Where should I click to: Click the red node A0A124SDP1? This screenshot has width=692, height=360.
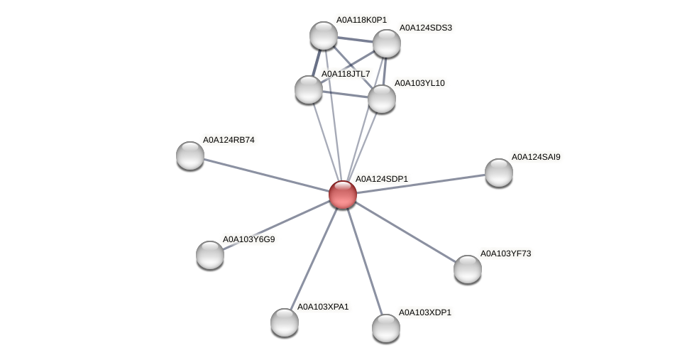pyautogui.click(x=343, y=195)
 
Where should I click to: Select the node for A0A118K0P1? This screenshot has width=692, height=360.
pyautogui.click(x=324, y=36)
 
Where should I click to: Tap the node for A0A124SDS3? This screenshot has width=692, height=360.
pyautogui.click(x=387, y=43)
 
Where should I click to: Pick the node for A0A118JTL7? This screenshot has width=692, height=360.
pyautogui.click(x=309, y=89)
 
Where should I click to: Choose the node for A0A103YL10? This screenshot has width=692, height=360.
pyautogui.click(x=382, y=99)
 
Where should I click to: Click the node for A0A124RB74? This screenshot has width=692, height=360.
pyautogui.click(x=190, y=156)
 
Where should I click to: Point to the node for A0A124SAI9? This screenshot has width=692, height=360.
pyautogui.click(x=499, y=173)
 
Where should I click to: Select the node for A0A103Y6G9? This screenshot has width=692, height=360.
pyautogui.click(x=210, y=255)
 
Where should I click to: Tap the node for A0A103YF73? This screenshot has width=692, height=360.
pyautogui.click(x=468, y=269)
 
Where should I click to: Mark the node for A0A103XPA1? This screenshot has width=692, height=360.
pyautogui.click(x=285, y=322)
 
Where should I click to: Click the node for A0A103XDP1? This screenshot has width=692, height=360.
pyautogui.click(x=386, y=328)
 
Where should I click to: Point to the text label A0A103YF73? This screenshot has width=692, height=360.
pyautogui.click(x=505, y=253)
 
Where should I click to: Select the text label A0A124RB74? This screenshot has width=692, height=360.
pyautogui.click(x=229, y=140)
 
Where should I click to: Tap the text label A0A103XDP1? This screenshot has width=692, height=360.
pyautogui.click(x=424, y=312)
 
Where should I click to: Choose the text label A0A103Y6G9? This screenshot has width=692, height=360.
pyautogui.click(x=248, y=239)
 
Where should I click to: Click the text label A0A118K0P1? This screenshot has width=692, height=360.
pyautogui.click(x=361, y=20)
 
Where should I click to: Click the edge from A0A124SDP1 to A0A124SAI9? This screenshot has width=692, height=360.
pyautogui.click(x=421, y=183)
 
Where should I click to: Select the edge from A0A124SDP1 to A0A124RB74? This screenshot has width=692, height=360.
pyautogui.click(x=266, y=175)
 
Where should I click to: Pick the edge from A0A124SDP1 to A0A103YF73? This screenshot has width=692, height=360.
pyautogui.click(x=405, y=231)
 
